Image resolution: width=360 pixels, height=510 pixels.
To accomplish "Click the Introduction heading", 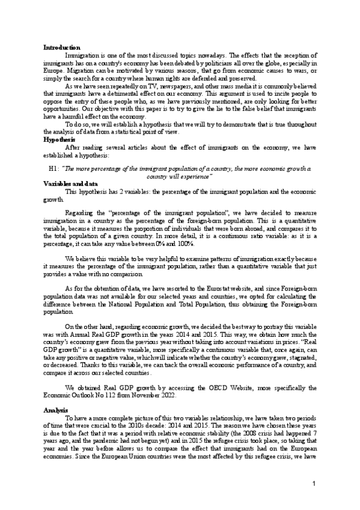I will click(x=61, y=47).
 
